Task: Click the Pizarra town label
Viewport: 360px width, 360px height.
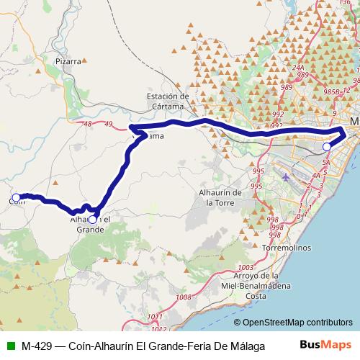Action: tap(68, 62)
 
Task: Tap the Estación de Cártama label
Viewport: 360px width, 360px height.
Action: tap(167, 101)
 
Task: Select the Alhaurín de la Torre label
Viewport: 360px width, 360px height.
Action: tap(220, 198)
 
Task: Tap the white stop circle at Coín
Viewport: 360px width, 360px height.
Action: tap(16, 197)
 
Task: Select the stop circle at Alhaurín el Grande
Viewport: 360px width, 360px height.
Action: tap(92, 210)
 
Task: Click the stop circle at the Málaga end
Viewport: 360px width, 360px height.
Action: tap(327, 146)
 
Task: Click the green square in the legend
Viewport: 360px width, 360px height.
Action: tap(9, 345)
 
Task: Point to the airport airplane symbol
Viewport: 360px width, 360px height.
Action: tap(287, 176)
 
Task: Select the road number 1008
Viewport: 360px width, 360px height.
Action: tap(183, 297)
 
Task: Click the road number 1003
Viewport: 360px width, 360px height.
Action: tap(244, 267)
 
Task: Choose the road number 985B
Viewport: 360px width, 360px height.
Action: tap(332, 92)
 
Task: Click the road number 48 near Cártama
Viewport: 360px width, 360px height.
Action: tap(88, 125)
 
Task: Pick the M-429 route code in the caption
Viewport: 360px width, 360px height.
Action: tap(35, 345)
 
